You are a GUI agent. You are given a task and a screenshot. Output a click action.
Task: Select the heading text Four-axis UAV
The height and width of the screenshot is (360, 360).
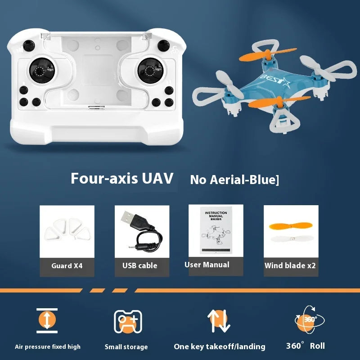coord(122,178)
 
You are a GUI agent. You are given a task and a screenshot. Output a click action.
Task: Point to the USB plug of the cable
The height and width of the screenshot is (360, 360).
coord(131,219)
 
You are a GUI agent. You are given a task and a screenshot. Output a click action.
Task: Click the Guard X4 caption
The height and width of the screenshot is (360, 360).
coord(67,265)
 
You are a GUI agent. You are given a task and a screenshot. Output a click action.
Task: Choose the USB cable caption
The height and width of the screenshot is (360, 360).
coord(139,265)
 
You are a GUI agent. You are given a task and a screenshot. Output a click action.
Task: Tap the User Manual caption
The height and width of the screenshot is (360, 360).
coord(207,265)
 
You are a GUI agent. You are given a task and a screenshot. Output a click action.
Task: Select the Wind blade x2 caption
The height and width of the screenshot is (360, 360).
coord(290,265)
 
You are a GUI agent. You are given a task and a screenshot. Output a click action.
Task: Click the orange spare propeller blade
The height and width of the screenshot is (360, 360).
coord(290,226)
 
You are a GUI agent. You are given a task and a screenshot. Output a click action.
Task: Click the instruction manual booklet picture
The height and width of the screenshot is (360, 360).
coord(216,230)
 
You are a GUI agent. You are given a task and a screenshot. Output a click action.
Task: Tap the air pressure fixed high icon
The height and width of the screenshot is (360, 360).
coord(47,320)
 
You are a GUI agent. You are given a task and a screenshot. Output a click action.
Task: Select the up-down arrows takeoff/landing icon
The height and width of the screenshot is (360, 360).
coord(219,321)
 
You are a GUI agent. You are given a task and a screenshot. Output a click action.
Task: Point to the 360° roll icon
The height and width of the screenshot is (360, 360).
coord(309,319)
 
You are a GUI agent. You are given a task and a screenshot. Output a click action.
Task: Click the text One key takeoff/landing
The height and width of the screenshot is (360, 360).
coord(220,346)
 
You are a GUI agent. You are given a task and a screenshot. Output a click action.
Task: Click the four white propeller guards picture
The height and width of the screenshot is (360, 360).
coord(67,229)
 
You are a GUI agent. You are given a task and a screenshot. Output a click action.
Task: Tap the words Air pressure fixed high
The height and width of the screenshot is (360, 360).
coord(48,346)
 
